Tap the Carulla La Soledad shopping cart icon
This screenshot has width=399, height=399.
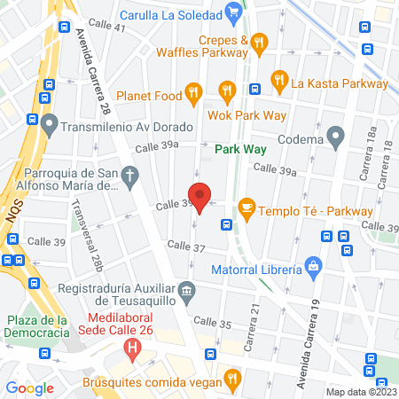pyautogui.click(x=233, y=12)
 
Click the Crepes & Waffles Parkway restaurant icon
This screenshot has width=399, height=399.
pyautogui.click(x=259, y=41)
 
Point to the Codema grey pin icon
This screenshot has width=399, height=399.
pyautogui.click(x=335, y=137)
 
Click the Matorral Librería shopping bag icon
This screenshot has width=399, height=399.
pyautogui.click(x=312, y=265)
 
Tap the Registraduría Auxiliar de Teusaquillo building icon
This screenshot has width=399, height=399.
pyautogui.click(x=186, y=289)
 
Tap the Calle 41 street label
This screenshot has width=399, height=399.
pyautogui.click(x=106, y=28)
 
